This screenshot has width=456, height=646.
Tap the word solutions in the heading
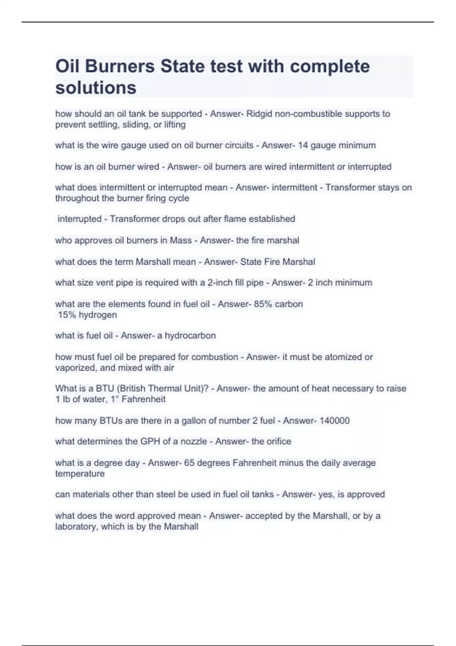tap(96, 87)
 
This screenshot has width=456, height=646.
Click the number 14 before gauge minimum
tap(302, 145)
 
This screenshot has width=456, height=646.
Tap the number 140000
tap(334, 421)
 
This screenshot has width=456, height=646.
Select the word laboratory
tap(76, 526)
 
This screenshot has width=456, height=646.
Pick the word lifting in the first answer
tap(175, 124)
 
